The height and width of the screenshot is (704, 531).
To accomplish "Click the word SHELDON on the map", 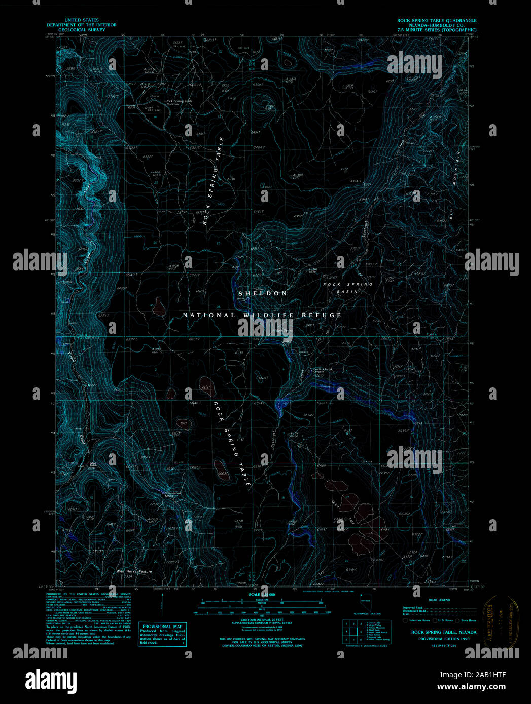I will [263, 293].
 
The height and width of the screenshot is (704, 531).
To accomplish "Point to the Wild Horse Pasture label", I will [134, 571].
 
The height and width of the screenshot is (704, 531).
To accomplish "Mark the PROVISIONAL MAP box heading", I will [162, 627].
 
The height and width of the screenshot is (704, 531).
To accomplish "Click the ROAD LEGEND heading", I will [439, 600].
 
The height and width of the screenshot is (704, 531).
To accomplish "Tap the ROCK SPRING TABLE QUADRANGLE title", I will [437, 21].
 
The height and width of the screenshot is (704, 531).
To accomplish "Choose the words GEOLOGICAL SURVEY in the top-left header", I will [82, 30].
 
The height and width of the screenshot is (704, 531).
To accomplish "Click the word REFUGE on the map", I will [322, 315].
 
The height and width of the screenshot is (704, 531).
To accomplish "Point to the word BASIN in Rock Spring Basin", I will [347, 292].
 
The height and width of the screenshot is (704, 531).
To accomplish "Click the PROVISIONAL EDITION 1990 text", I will [444, 639].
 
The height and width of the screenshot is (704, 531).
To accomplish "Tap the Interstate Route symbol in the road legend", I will [405, 620].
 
